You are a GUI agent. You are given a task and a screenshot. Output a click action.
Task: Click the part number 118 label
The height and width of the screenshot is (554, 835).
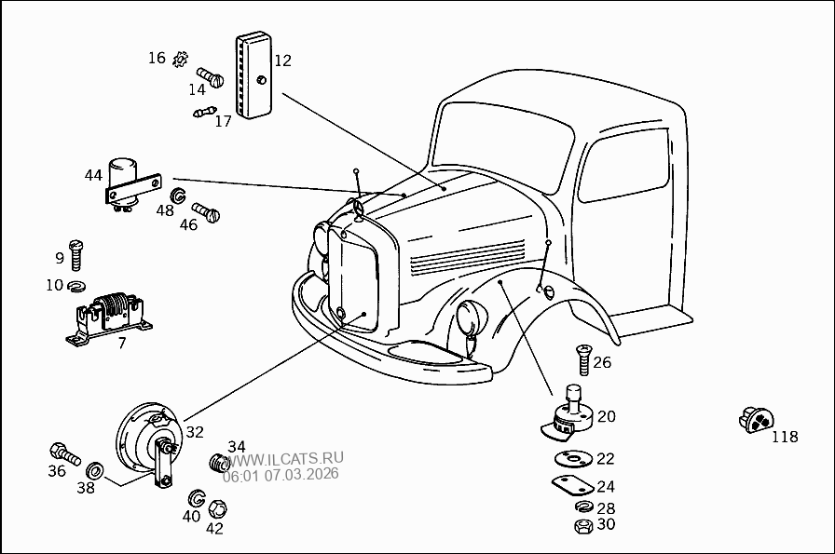pyautogui.click(x=785, y=437)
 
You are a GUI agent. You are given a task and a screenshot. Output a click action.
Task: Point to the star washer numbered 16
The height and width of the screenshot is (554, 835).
pyautogui.click(x=181, y=59)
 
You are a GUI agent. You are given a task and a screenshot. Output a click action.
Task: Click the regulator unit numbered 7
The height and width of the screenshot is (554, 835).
pyautogui.click(x=111, y=315)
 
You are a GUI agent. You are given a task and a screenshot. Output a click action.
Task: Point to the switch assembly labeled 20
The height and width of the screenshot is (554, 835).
pyautogui.click(x=570, y=415)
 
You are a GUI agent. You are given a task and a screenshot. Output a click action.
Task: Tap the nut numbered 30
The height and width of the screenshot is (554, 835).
pyautogui.click(x=582, y=526)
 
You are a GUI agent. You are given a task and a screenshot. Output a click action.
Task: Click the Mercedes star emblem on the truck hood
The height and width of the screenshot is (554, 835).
pyautogui.click(x=357, y=209)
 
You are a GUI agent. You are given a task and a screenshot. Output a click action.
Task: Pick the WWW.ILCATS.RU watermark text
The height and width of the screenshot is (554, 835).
pyautogui.click(x=283, y=458)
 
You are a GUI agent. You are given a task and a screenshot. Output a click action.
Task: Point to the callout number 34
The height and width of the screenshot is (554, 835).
pyautogui.click(x=237, y=446)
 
